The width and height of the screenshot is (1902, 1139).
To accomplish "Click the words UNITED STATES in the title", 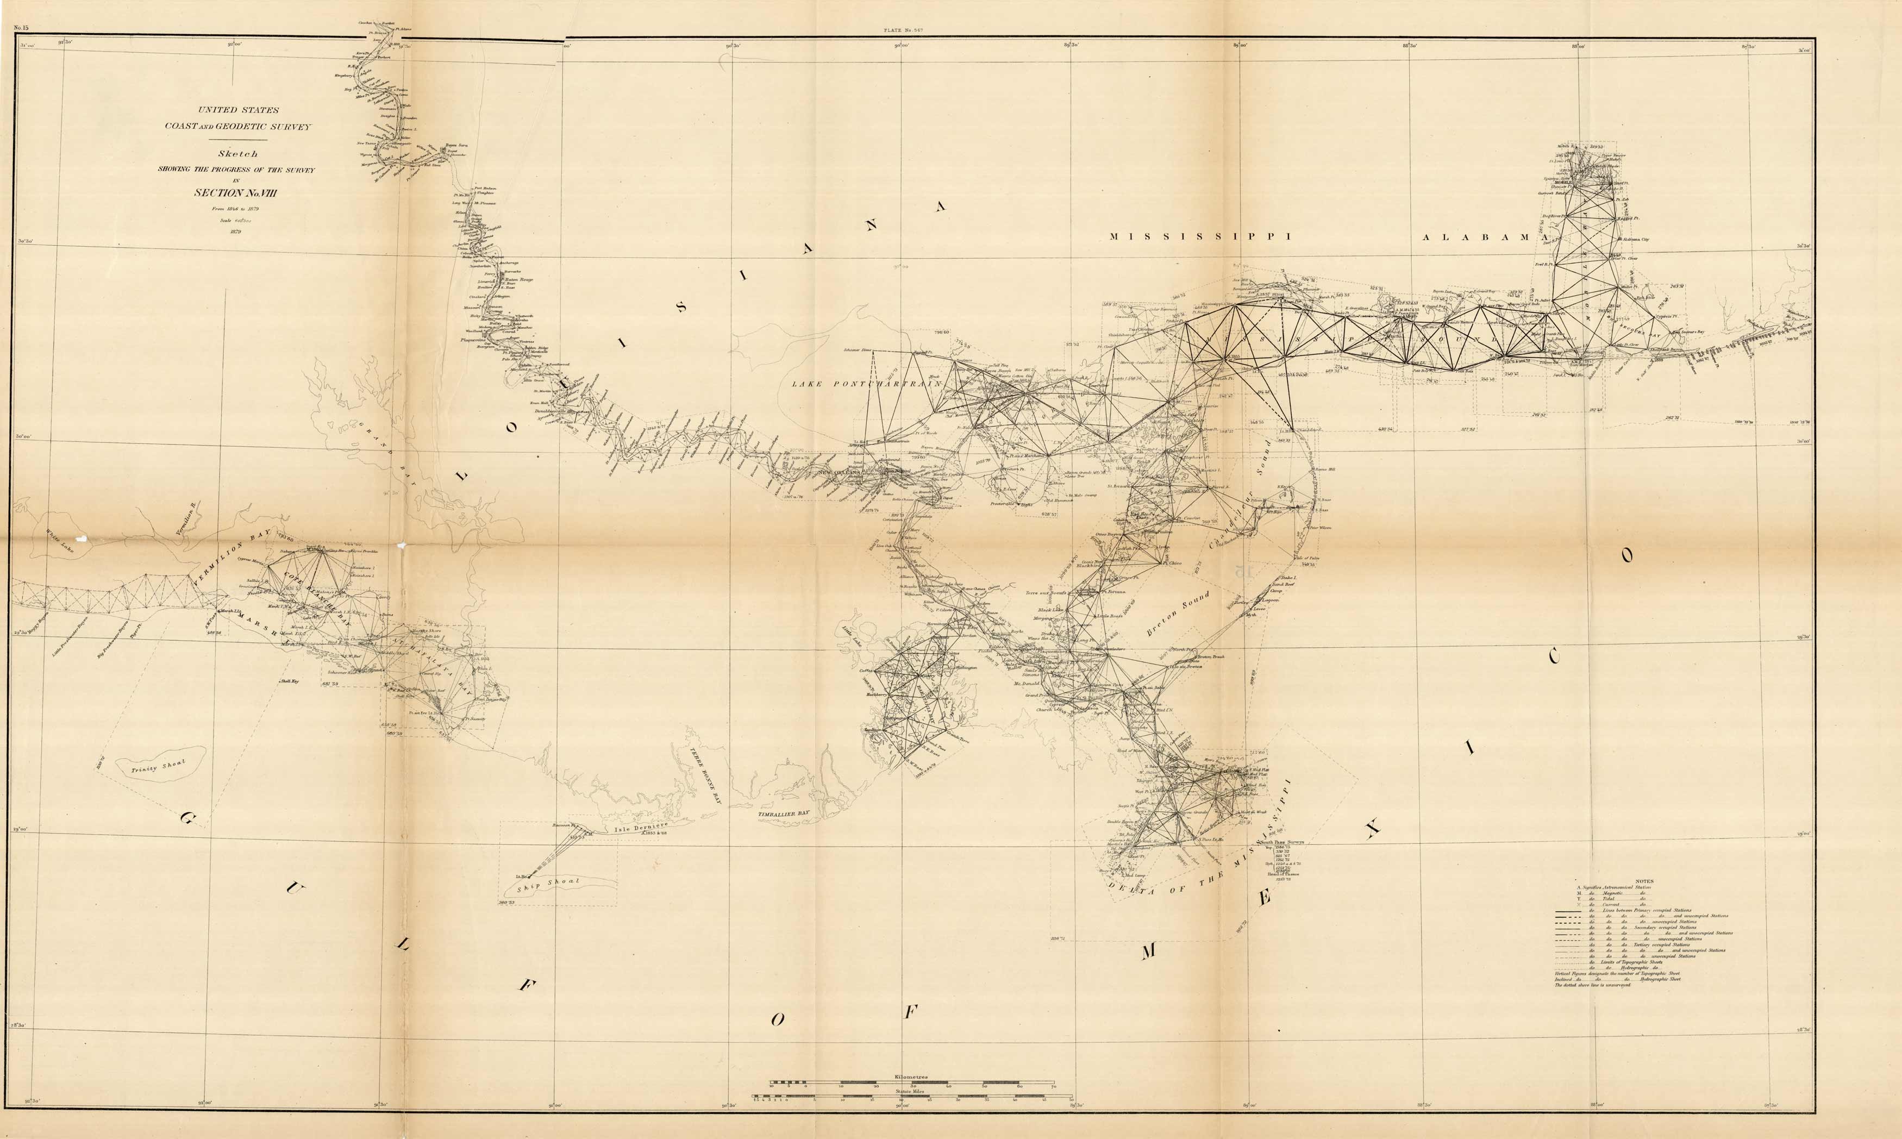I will (x=238, y=110).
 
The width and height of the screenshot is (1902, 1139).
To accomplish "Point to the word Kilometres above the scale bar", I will (x=911, y=1077).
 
